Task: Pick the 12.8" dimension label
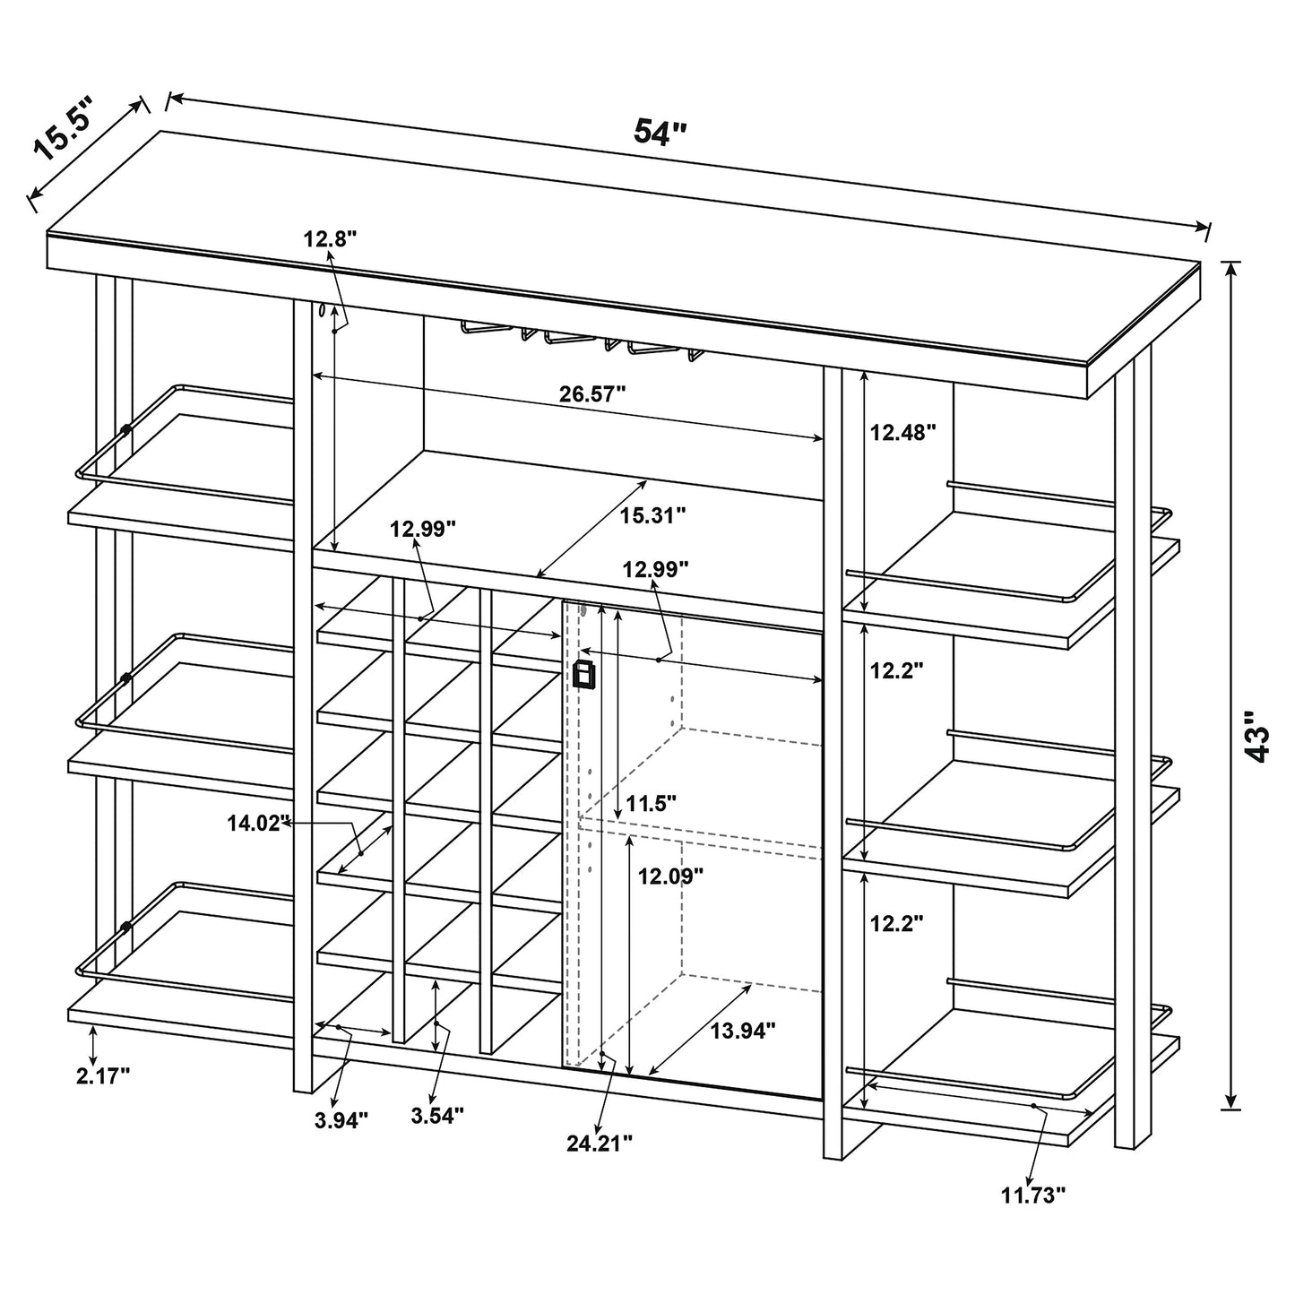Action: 330,238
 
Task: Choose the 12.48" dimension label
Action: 902,433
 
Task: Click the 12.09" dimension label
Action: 670,877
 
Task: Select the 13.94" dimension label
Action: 743,1032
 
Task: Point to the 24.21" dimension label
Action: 600,1143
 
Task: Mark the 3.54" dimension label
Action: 436,1116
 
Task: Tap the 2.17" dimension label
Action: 103,1076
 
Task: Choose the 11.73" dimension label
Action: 1033,1194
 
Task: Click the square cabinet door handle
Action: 584,675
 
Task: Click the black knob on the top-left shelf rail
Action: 125,430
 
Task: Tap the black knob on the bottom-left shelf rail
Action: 126,927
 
